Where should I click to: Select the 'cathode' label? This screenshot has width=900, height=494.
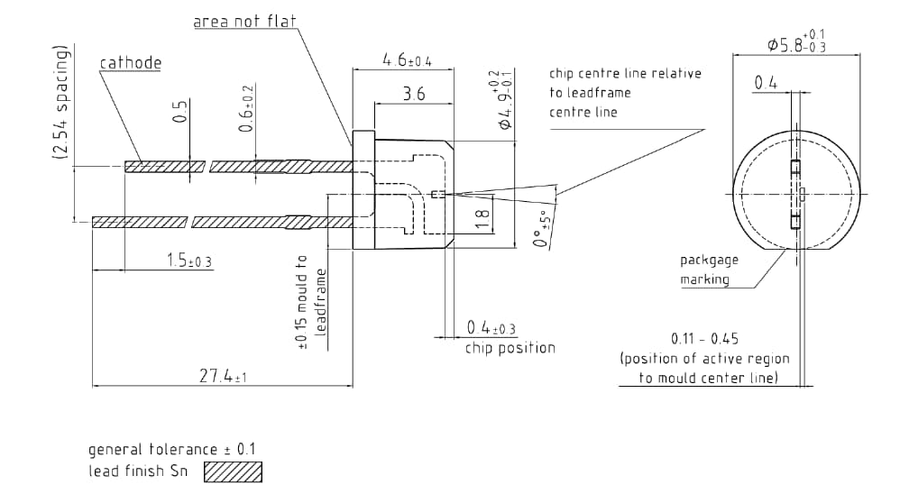tap(130, 63)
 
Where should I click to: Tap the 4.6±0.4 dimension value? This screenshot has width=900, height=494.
tap(407, 60)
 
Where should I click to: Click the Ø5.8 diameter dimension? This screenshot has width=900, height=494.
tap(797, 41)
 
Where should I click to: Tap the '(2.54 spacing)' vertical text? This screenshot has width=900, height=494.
tap(61, 103)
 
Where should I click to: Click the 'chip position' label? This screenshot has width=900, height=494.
tap(510, 348)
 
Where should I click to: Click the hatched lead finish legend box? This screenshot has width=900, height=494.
tap(233, 471)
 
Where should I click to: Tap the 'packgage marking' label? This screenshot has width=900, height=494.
tap(710, 270)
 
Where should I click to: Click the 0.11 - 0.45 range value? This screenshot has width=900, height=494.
tap(704, 339)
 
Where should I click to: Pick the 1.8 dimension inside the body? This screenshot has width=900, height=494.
tap(482, 215)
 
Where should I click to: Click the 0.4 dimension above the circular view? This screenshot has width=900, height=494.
tap(766, 83)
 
